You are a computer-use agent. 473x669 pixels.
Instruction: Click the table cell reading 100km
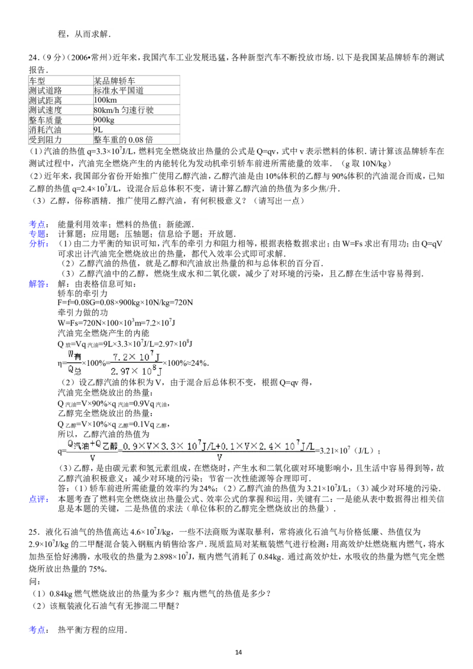[x=105, y=100]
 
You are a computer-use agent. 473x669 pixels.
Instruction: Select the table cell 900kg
[x=103, y=120]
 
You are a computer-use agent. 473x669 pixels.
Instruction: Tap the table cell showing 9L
[x=98, y=129]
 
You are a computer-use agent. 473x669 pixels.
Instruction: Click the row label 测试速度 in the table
[x=46, y=110]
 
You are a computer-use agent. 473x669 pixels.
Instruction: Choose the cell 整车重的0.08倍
[x=124, y=139]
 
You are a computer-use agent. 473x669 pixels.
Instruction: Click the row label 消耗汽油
[x=46, y=129]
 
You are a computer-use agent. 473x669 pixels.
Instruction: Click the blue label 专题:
[x=38, y=234]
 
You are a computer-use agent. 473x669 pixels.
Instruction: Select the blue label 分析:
[x=38, y=243]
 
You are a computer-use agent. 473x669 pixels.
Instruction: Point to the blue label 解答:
[x=38, y=284]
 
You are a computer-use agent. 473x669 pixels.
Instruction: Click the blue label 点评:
[x=38, y=499]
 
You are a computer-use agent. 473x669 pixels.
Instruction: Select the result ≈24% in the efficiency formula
[x=197, y=363]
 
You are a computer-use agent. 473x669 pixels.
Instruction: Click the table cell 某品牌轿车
[x=115, y=80]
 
